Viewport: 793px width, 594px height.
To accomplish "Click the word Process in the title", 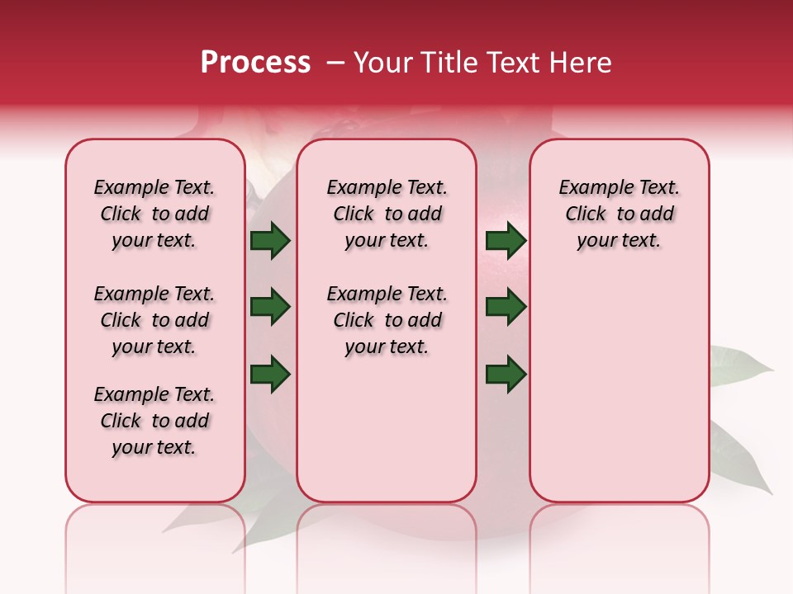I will [x=255, y=63].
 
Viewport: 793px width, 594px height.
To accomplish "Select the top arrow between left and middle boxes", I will [x=270, y=241].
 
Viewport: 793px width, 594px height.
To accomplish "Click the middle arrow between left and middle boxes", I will [x=270, y=308].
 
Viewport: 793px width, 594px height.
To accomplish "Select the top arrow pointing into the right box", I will [x=506, y=241].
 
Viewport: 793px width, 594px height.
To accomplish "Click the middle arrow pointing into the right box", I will [x=506, y=308].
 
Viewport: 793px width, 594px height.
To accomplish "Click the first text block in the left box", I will [x=154, y=214].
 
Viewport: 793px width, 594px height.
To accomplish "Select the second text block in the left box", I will [x=154, y=320].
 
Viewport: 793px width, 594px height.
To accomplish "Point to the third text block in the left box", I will [x=154, y=421].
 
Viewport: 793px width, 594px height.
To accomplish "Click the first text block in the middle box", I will [x=387, y=214].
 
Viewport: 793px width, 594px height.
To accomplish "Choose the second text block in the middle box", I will [x=387, y=320].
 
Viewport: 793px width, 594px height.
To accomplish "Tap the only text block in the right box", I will [x=619, y=214].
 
